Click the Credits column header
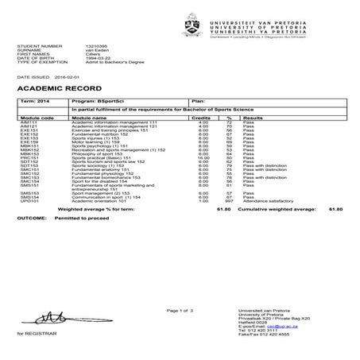pos(202,116)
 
